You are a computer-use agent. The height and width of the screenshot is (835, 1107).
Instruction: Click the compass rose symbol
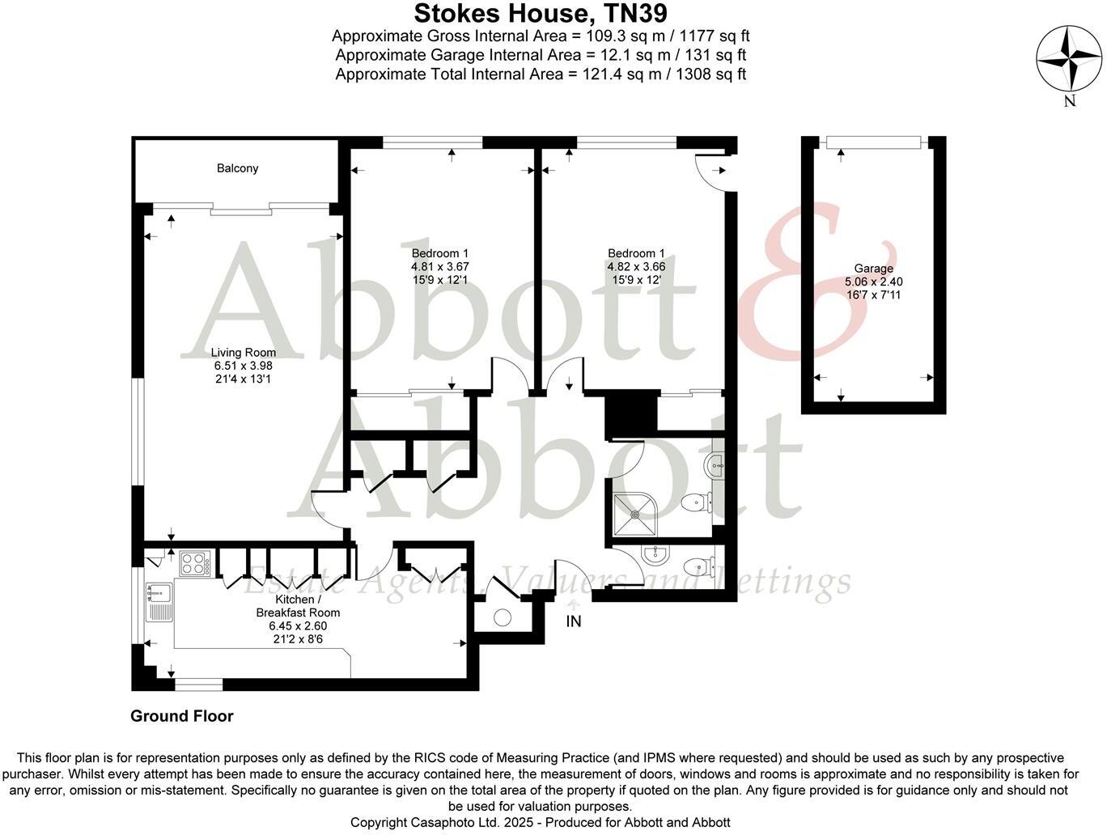point(1069,59)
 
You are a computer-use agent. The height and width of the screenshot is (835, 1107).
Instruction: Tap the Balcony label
point(237,168)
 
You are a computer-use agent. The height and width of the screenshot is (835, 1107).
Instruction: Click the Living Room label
point(243,352)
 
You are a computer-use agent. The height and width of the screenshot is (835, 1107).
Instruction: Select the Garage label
point(873,269)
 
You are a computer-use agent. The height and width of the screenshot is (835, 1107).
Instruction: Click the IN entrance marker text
point(574,622)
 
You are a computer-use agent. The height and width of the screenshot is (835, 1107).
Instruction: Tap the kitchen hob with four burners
point(194,562)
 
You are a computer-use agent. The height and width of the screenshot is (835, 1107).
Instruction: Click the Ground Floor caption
point(182,716)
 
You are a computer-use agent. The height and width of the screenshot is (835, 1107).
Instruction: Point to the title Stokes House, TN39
point(541,14)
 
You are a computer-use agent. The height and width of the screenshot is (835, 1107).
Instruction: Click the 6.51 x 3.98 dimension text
point(243,366)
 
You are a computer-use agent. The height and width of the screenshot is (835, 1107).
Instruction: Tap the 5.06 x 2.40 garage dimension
point(873,282)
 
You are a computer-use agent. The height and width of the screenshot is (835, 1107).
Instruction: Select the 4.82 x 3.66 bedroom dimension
point(636,266)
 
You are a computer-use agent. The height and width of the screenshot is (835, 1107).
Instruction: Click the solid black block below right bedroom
point(631,414)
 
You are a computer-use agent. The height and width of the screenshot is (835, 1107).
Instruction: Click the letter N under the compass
point(1070,101)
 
